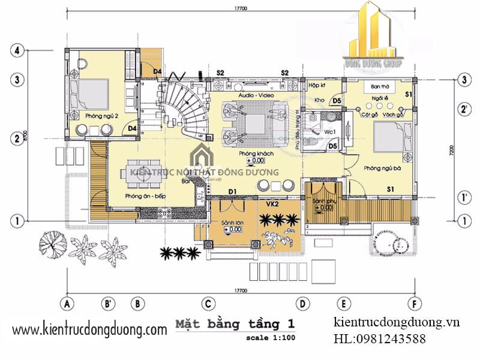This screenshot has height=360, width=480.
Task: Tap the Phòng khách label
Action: click(256, 154)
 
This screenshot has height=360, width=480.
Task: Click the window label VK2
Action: click(273, 204)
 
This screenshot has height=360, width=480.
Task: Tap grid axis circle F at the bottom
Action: click(413, 304)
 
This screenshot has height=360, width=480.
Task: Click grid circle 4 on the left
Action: click(17, 51)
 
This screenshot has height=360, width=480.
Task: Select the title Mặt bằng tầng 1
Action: click(235, 325)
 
